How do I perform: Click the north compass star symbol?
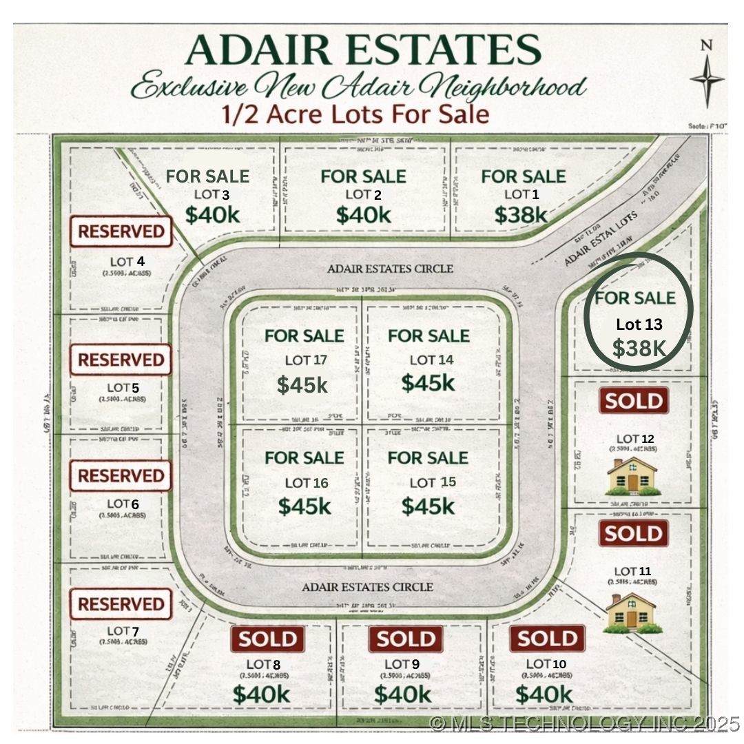pos(707,79)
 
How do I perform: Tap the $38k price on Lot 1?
pos(521,214)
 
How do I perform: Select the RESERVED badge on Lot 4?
pos(121,231)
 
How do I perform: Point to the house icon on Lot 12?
pos(632,475)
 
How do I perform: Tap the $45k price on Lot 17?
pos(302,384)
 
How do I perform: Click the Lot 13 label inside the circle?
pos(639,324)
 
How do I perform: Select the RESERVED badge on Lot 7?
pos(121,604)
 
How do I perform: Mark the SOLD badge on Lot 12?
pos(634,401)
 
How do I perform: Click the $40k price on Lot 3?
pos(212,214)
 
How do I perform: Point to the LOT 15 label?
pos(433,482)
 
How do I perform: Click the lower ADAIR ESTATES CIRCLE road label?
pos(368,587)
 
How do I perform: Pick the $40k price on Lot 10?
pos(544,694)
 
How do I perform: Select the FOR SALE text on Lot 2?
pos(364,176)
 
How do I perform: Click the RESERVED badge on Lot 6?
pos(121,476)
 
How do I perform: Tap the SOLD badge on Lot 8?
pos(267,639)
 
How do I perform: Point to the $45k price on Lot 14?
pos(428,382)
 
